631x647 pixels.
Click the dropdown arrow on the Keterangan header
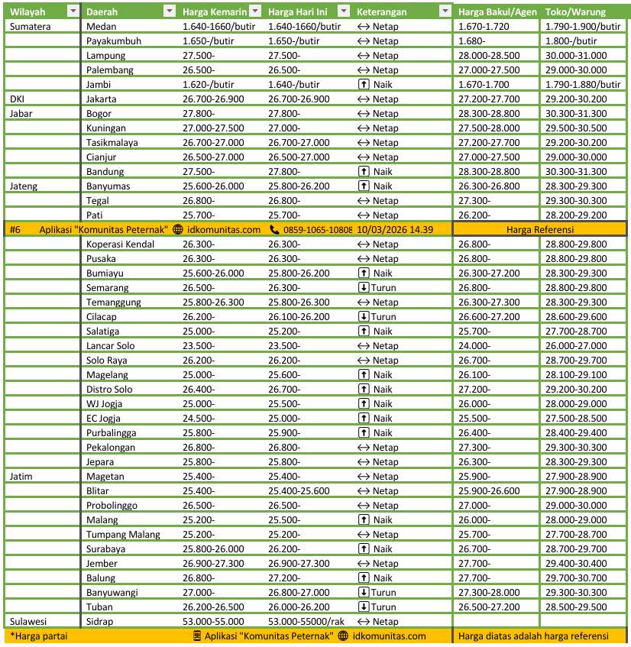coord(445,12)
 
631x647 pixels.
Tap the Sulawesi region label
coord(28,621)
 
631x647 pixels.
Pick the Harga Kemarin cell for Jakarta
coord(213,99)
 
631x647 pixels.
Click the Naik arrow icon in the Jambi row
coord(364,84)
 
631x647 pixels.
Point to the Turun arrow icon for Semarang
coord(364,288)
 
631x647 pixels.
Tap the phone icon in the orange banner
coord(275,229)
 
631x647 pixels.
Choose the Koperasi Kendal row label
coord(121,244)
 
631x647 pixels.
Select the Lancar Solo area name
coord(111,345)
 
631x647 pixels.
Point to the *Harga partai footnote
coord(35,636)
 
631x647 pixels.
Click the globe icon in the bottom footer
coord(343,636)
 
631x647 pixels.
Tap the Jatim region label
coord(21,476)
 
